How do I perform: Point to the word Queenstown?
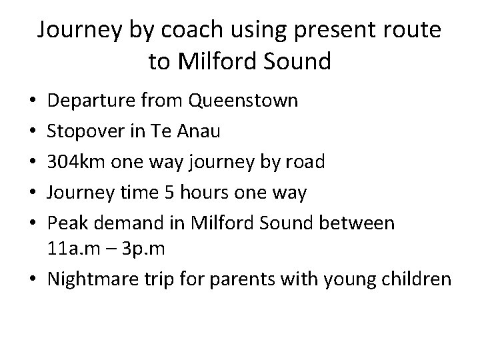pyautogui.click(x=243, y=102)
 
